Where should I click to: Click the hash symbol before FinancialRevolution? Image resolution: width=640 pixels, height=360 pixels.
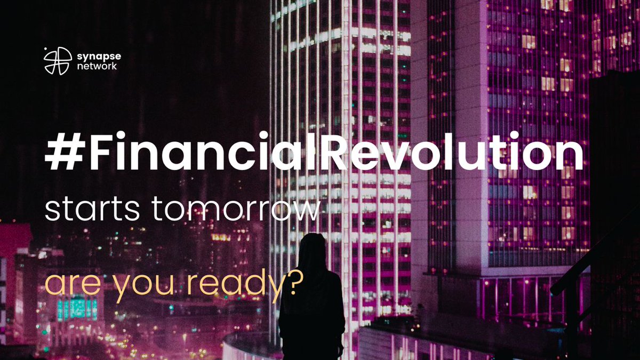click(x=59, y=153)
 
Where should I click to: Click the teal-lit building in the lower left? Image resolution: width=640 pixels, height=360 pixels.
click(x=78, y=308)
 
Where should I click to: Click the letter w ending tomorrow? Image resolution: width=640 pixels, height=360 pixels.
click(x=307, y=210)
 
